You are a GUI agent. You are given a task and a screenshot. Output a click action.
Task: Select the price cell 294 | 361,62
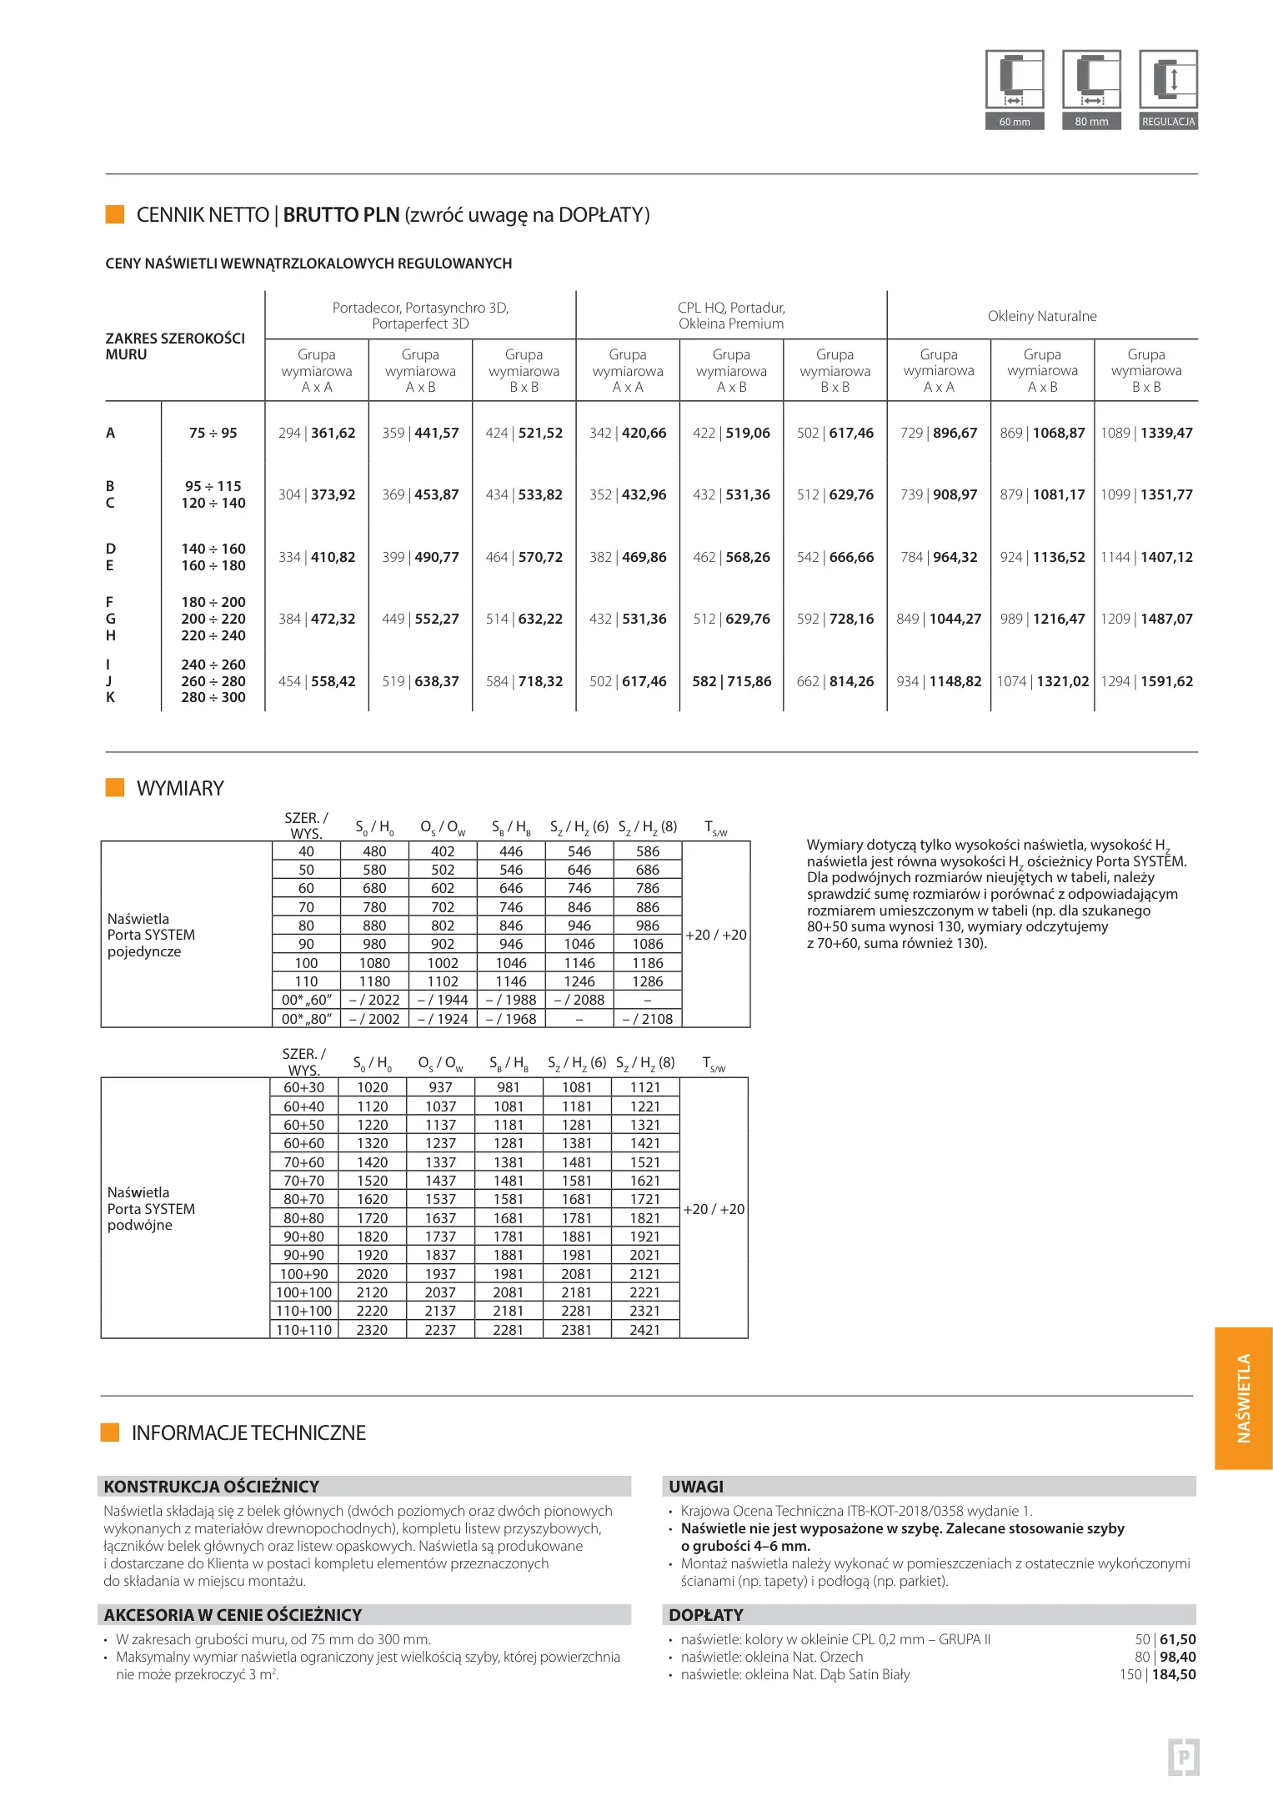point(317,434)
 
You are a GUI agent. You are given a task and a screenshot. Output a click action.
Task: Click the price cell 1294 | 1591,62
point(1146,682)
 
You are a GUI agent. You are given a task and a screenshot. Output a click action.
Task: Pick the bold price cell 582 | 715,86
point(731,682)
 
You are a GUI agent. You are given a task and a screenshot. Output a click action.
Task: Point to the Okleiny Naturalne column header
point(1042,316)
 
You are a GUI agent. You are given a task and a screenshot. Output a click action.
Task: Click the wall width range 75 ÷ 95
point(213,434)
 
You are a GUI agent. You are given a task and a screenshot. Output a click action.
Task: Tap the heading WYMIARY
point(180,789)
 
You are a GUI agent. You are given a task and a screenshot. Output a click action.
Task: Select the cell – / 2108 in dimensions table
point(647,1019)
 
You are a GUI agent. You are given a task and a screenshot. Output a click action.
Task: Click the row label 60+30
point(303,1088)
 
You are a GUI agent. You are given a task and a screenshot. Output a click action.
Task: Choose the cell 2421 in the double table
point(644,1330)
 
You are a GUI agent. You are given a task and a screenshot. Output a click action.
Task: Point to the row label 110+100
point(303,1312)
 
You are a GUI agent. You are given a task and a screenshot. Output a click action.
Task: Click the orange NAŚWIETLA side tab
point(1243,1398)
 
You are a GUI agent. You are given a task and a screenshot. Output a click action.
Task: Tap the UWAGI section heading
point(696,1487)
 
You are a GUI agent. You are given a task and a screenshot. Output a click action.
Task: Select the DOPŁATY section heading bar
point(929,1615)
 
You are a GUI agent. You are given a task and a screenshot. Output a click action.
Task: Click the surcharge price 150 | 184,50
point(1157,1674)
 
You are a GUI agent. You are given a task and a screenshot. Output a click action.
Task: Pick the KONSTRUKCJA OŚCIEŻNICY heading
point(211,1487)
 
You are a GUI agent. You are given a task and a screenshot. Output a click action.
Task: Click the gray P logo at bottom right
point(1183,1758)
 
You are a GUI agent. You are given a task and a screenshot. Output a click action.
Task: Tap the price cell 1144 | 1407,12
point(1146,558)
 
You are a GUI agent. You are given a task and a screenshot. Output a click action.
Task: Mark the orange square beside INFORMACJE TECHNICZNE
point(110,1432)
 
